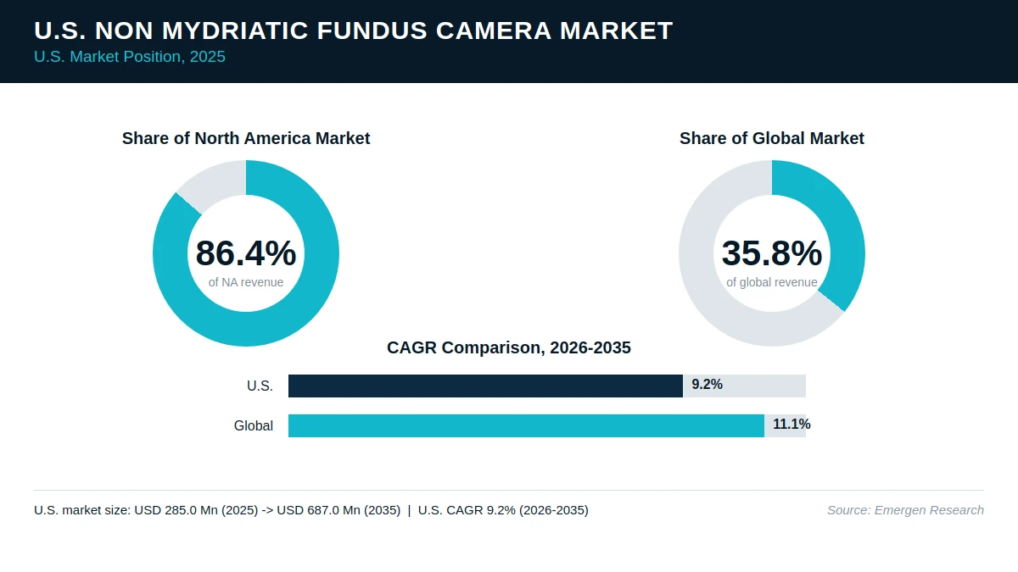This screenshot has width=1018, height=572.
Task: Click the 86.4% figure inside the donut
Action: [246, 253]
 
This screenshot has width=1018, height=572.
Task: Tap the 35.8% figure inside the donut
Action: [772, 253]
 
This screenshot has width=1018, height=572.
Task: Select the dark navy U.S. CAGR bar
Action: [485, 386]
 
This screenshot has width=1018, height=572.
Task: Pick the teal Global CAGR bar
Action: [526, 425]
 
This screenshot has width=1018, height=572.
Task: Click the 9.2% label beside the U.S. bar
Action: [708, 385]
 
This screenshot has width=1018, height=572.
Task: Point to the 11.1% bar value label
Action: [791, 425]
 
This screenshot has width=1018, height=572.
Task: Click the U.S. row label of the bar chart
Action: [260, 386]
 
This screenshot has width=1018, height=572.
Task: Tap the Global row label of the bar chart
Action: [254, 425]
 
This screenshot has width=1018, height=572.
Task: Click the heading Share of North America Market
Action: [246, 138]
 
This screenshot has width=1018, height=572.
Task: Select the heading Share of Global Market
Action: [772, 138]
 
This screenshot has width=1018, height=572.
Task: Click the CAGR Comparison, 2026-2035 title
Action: [509, 347]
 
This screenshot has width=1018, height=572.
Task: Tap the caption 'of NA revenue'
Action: [246, 282]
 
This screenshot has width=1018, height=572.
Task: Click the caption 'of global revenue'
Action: [772, 282]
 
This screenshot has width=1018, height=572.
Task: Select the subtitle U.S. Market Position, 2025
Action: [130, 57]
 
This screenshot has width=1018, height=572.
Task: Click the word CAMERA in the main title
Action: [494, 31]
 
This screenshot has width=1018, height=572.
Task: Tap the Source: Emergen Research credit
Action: [905, 510]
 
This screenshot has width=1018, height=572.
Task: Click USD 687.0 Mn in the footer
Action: [306, 510]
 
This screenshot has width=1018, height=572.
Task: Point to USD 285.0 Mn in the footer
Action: [164, 510]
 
